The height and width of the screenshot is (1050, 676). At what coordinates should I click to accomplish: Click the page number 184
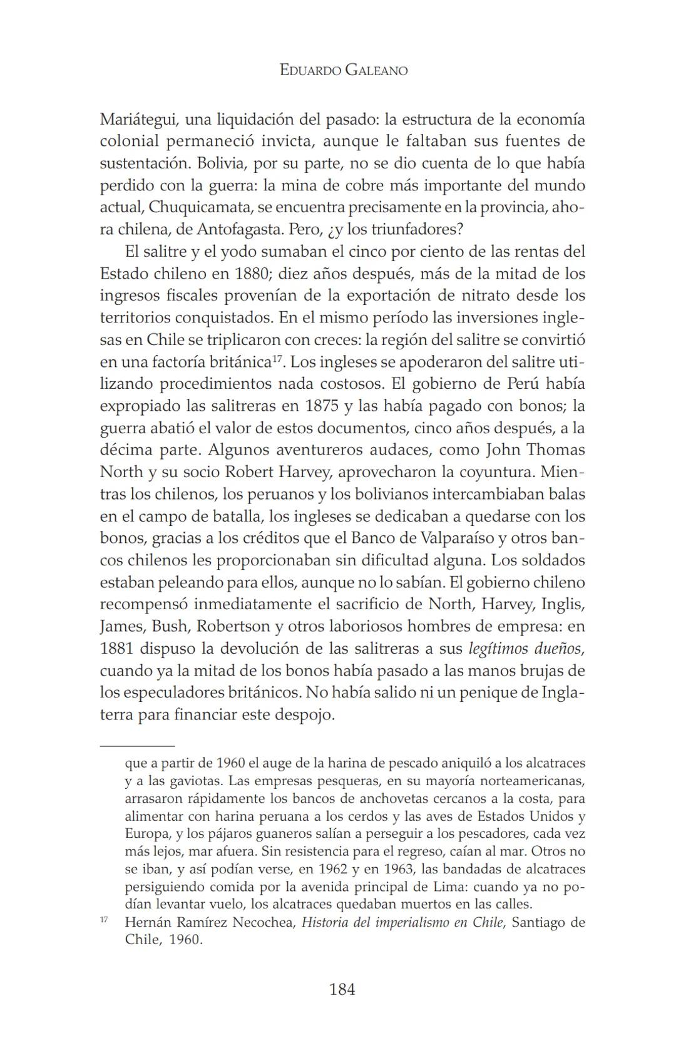tap(342, 989)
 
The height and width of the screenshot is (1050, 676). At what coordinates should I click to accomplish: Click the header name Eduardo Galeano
tap(344, 70)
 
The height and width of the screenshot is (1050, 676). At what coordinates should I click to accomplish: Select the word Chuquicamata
tap(210, 207)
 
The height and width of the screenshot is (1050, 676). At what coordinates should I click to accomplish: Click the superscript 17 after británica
tap(279, 358)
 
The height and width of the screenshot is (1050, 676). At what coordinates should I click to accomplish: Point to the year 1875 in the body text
tap(322, 406)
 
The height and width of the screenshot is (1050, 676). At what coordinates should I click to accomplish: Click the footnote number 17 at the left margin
tap(104, 920)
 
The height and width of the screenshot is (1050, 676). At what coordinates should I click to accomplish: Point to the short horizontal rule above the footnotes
tap(137, 746)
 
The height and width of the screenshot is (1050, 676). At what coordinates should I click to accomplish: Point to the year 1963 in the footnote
tap(396, 869)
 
